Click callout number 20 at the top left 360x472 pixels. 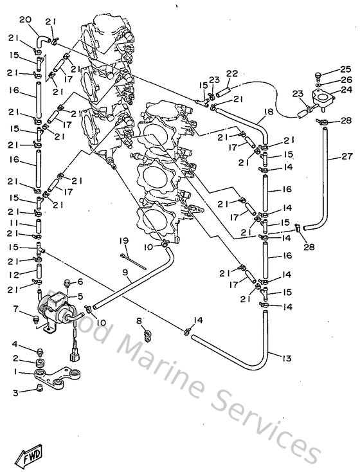(x=25, y=21)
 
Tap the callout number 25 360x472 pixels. (x=345, y=69)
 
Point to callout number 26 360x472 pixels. (x=345, y=80)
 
